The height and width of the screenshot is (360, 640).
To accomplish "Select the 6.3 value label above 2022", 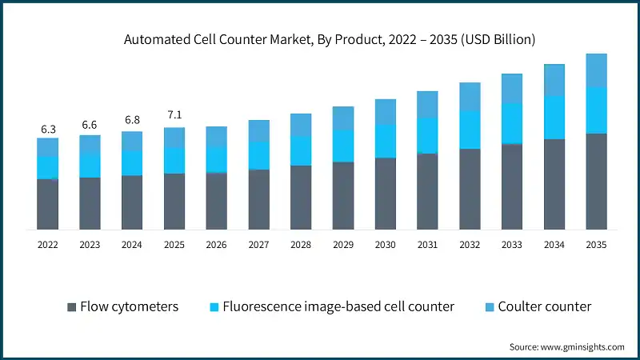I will point(47,129).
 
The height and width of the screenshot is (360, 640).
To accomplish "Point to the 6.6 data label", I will point(90,126).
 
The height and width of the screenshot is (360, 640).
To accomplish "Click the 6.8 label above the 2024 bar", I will point(132,121).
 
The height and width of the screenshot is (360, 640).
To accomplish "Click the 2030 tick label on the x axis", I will point(386,246).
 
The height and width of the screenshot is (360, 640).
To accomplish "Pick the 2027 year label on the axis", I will point(258,246).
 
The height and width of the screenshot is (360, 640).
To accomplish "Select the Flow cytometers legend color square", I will point(73,306).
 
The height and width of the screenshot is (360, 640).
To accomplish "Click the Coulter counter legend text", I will point(544,306).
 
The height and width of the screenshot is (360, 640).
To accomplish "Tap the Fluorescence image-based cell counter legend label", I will point(338,306).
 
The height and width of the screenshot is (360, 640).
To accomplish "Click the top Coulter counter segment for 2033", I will point(512,88).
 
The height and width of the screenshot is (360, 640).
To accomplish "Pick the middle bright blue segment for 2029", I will point(343,146).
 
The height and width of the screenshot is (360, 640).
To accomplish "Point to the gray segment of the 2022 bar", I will point(47,205).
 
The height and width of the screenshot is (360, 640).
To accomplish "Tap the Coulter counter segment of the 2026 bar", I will point(217,137).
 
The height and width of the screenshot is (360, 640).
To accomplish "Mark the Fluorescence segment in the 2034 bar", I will point(554,118).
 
